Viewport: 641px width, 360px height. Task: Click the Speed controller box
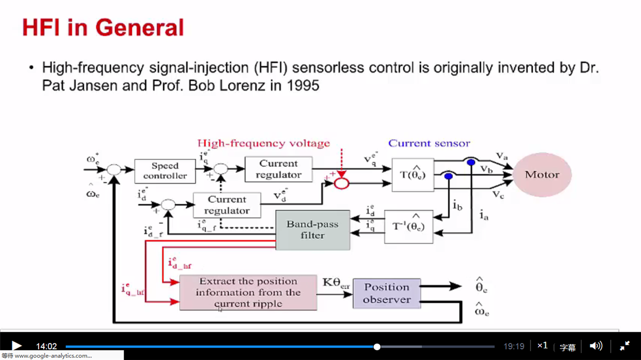pos(165,171)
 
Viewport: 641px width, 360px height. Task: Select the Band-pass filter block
pos(313,230)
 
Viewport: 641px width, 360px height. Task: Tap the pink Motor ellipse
pos(542,175)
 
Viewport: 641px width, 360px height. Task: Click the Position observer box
pos(387,293)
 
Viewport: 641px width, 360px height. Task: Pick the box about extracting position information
pos(248,292)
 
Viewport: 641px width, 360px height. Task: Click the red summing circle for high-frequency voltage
pos(341,183)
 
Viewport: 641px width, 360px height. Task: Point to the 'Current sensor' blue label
pos(429,143)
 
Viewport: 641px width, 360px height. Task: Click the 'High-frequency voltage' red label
pos(264,143)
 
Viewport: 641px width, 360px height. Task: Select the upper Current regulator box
pos(278,169)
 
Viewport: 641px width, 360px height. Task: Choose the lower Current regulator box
pos(227,205)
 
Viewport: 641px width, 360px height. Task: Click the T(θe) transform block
pos(413,175)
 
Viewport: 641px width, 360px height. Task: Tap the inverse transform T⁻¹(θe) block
pos(409,227)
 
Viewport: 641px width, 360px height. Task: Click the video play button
pos(17,346)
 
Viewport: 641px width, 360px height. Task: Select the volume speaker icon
pos(596,346)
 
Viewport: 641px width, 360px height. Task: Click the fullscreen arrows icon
pos(625,346)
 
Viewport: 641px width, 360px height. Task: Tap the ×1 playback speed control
pos(543,345)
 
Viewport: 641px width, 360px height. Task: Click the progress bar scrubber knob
pos(377,347)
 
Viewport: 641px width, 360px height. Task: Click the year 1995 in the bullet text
pos(303,85)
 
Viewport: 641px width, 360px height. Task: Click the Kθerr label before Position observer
pos(336,283)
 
